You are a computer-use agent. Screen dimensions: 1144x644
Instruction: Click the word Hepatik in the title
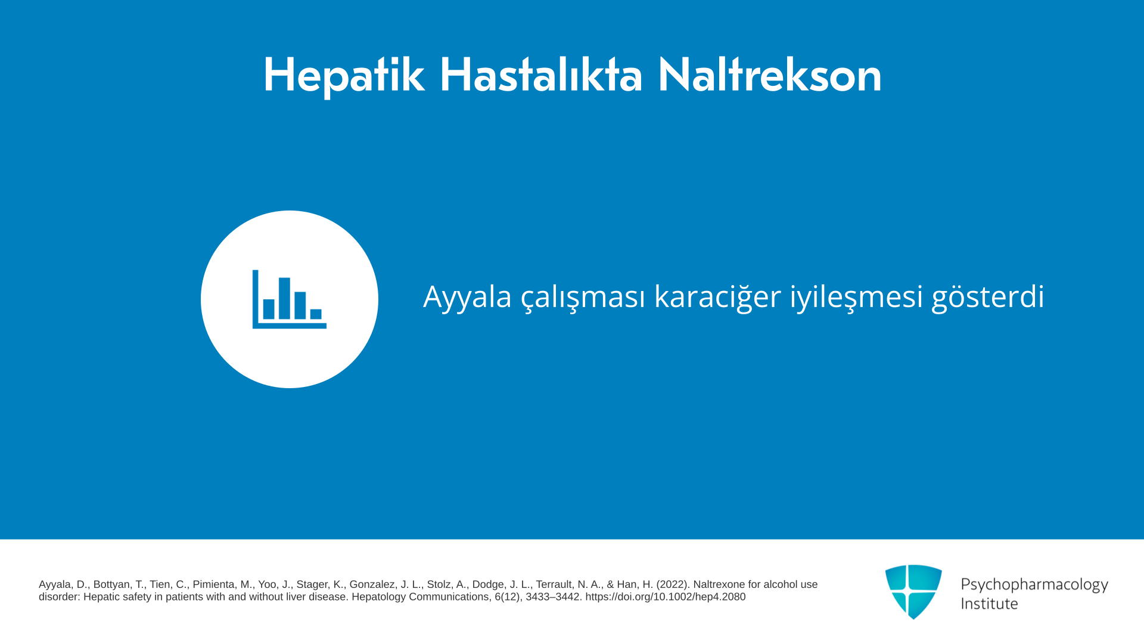pos(344,76)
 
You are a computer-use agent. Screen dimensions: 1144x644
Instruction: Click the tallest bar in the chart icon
pos(284,298)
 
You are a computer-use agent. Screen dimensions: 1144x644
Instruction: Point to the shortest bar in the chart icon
pos(316,314)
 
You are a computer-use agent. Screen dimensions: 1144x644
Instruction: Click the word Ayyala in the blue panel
pos(467,296)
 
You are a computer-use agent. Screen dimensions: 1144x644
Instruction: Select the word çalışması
pos(583,298)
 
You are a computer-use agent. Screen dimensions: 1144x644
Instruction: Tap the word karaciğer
pos(717,296)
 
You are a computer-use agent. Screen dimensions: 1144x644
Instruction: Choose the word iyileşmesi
pos(856,296)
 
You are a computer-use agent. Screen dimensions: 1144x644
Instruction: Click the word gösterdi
pos(988,296)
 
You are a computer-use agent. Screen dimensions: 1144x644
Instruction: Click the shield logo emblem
pos(913,592)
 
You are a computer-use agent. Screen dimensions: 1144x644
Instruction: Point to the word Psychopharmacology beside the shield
pos(1034,584)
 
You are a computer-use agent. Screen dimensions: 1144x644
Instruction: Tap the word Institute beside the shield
pos(989,603)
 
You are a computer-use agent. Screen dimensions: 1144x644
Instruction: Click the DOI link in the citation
pos(665,597)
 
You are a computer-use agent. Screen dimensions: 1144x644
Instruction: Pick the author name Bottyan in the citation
pos(113,584)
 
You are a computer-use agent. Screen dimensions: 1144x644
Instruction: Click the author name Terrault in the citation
pos(556,584)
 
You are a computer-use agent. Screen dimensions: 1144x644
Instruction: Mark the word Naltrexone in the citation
pos(719,584)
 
